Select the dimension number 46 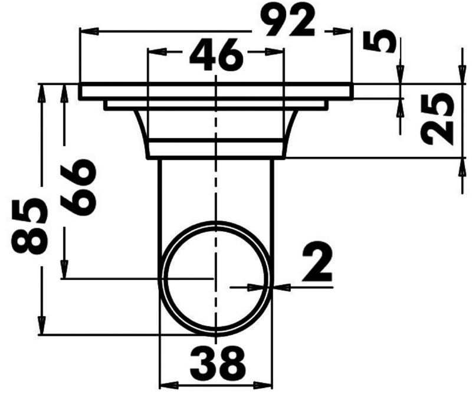coord(216,55)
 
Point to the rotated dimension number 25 coord(439,120)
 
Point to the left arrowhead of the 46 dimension coord(153,52)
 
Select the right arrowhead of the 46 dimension coord(279,52)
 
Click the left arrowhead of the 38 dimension coord(168,386)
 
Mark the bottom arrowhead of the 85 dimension coord(41,327)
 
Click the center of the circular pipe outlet coord(217,277)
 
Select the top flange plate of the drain coord(216,91)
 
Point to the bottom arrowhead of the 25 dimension coord(460,166)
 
